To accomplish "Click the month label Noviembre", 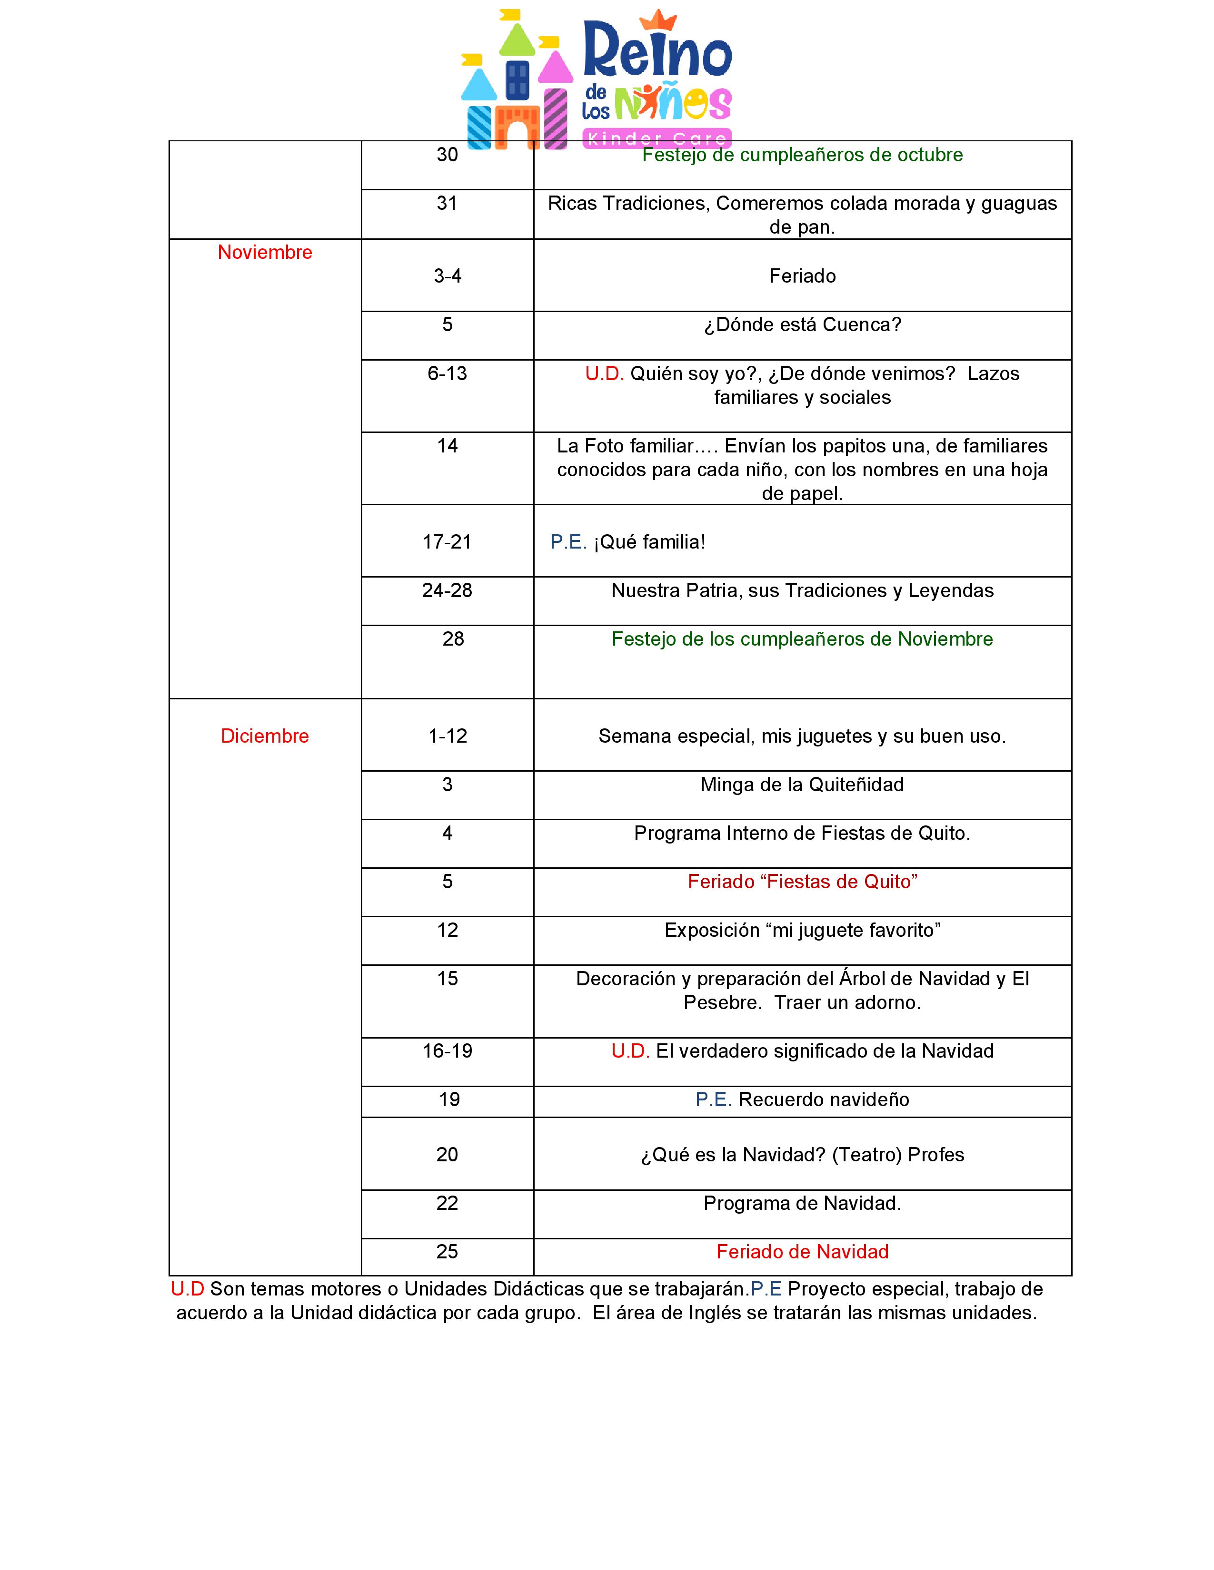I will tap(265, 252).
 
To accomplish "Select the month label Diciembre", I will tap(265, 736).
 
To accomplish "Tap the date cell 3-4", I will tap(448, 276).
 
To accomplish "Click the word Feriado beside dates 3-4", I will tap(802, 276).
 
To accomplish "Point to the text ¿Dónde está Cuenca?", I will tap(802, 325).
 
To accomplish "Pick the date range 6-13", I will tap(448, 374).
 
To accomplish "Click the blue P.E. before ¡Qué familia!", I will tap(568, 542).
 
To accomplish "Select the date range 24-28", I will tap(448, 591).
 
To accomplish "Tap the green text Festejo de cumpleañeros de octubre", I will tap(802, 155).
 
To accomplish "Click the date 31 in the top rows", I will tap(448, 204).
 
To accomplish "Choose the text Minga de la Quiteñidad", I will tap(802, 785).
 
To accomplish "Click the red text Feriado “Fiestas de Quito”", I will tap(802, 882).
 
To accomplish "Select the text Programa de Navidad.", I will tap(802, 1203).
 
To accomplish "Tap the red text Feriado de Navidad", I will tap(802, 1252).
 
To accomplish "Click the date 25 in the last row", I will tap(448, 1252).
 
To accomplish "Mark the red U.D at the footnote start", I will tap(187, 1290).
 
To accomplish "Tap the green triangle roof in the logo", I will tap(517, 41).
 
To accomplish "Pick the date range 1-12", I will tap(448, 736).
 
